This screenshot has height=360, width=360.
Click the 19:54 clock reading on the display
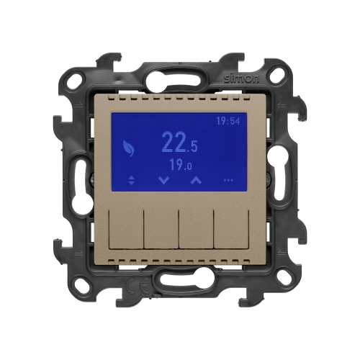(x=228, y=121)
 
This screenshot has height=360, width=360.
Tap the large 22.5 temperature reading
(x=179, y=143)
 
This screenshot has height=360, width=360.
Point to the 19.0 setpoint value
(x=181, y=164)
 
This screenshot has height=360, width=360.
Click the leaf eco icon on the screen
(x=128, y=148)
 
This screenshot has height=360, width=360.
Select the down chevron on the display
(x=164, y=180)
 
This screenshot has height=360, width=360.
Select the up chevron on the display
(x=196, y=180)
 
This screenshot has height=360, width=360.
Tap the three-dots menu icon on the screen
(x=228, y=180)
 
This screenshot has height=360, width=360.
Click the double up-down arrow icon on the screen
(x=131, y=180)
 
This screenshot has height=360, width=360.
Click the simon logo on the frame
(x=241, y=78)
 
